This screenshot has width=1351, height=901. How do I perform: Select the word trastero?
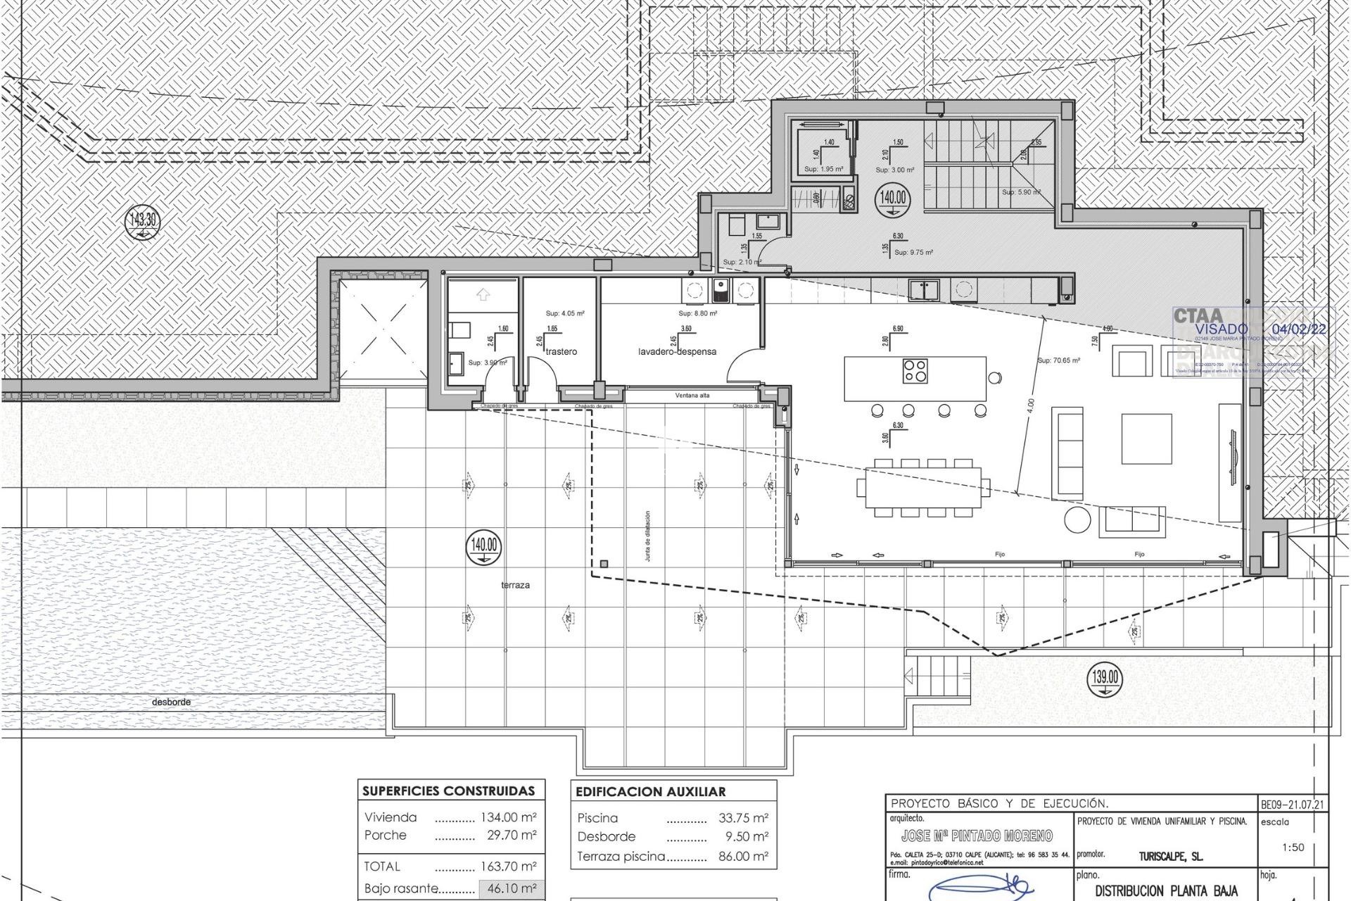coord(561,351)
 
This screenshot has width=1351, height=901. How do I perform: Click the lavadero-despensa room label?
coord(677,351)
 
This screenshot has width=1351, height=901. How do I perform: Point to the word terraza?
coord(516,585)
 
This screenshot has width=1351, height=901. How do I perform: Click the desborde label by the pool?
coord(171,702)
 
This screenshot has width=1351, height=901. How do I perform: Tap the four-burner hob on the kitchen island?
coord(915,370)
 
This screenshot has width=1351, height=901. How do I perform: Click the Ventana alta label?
coord(692,396)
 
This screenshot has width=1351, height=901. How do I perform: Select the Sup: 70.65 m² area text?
coord(1058,360)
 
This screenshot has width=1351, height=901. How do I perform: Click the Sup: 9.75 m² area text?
coord(913,252)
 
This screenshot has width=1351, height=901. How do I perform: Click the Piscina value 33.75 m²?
coord(744,818)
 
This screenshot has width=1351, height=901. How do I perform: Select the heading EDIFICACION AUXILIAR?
coord(650,791)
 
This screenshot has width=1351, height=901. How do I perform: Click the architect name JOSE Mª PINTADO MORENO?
coord(977,836)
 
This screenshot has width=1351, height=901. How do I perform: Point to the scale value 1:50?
coord(1293,848)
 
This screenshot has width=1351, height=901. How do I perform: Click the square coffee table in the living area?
coord(1146,439)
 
